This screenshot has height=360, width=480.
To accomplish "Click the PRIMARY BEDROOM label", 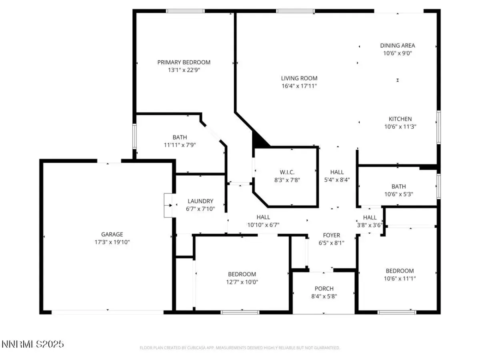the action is (184, 62).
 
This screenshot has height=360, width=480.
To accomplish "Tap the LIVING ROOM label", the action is (299, 78).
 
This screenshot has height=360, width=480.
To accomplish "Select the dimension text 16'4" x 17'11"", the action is (299, 86).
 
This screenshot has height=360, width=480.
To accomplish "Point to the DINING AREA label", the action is (397, 46).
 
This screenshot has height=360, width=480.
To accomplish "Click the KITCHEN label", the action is (400, 119).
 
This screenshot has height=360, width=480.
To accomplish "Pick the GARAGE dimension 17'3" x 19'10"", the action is (112, 242).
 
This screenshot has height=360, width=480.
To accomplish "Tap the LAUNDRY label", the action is (200, 201).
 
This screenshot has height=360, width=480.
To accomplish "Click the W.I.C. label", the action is (287, 172).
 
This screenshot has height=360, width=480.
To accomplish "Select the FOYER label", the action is (331, 235).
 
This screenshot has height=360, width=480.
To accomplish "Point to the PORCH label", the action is (324, 288).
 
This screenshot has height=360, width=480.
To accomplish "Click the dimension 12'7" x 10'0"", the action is (242, 282).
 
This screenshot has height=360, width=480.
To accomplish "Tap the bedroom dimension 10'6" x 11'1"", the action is (400, 278).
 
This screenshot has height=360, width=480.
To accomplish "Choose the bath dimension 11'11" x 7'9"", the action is (180, 145).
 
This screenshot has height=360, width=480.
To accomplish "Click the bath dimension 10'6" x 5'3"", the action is (398, 194).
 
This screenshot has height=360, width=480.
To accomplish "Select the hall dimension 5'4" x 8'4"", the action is (337, 180).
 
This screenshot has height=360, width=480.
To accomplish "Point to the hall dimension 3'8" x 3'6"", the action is (370, 225).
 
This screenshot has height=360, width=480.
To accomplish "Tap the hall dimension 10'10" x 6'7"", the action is (263, 225).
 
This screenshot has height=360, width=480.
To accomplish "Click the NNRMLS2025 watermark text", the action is (33, 344).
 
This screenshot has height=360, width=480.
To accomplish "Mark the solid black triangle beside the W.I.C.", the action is (258, 141).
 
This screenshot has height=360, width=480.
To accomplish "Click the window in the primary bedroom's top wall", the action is (185, 11).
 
